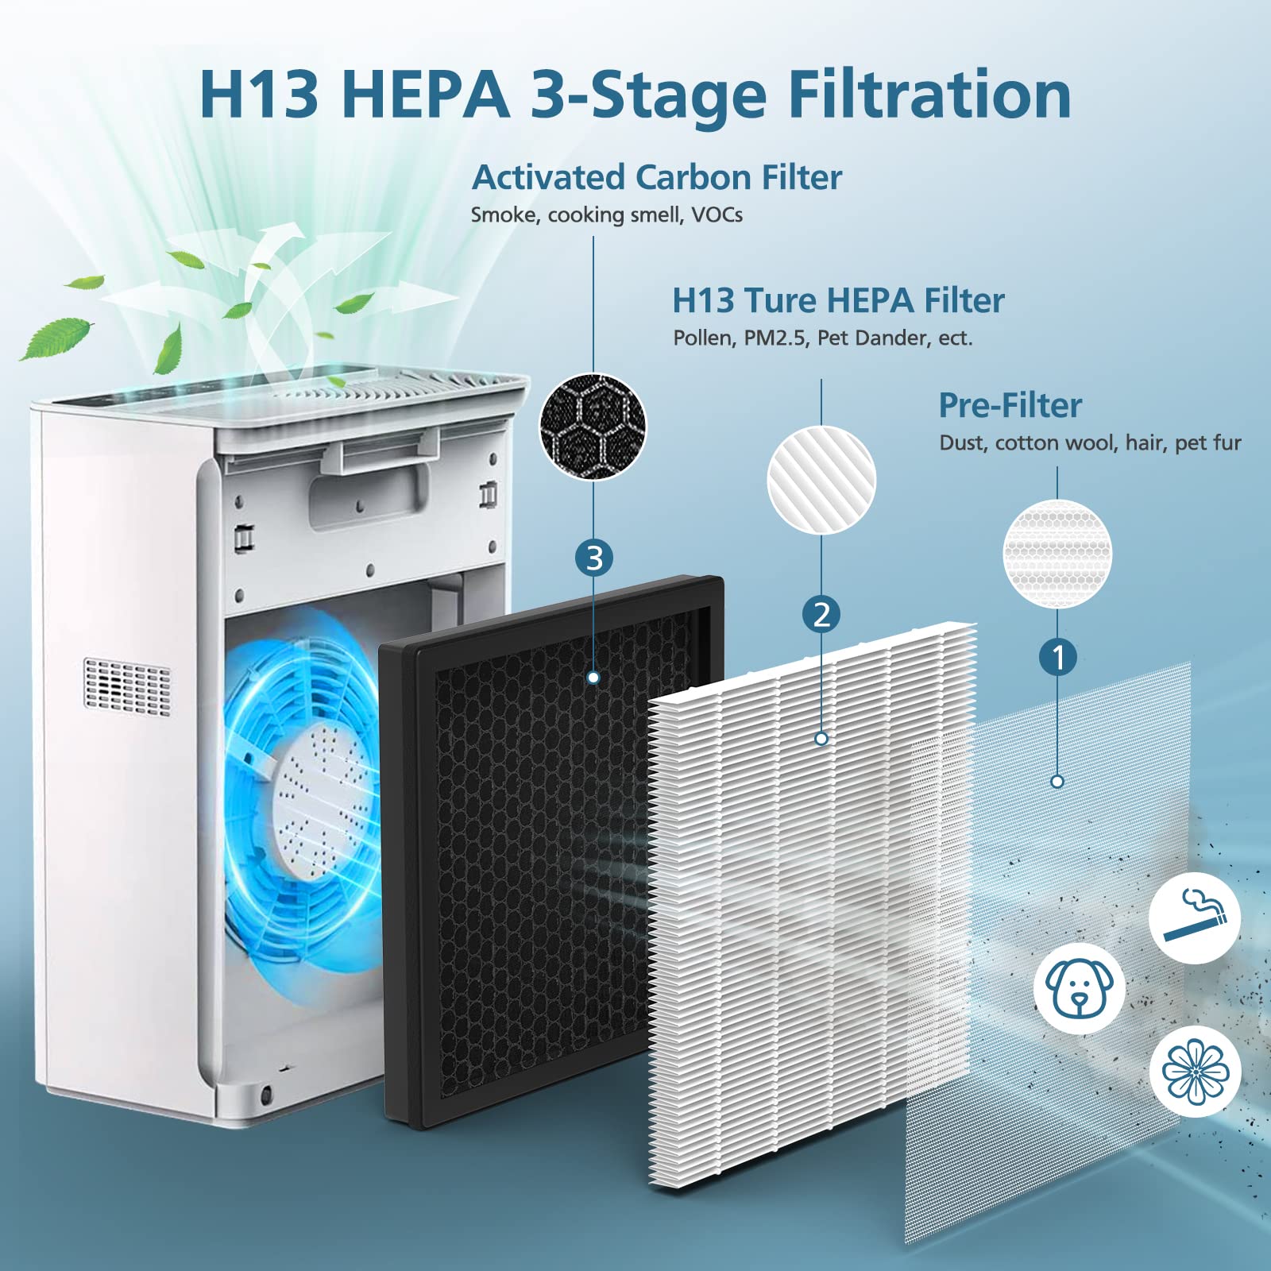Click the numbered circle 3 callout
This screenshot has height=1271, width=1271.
[594, 558]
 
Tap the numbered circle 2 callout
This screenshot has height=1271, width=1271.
[821, 615]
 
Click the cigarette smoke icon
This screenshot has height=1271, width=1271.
[1195, 918]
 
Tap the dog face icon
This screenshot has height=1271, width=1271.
[1079, 988]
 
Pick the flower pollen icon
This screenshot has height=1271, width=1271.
[1195, 1071]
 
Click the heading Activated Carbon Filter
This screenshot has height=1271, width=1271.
[656, 177]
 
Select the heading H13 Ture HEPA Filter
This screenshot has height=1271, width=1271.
[838, 300]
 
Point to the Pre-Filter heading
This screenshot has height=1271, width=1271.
[1010, 405]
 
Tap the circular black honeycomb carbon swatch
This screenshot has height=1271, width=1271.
[593, 427]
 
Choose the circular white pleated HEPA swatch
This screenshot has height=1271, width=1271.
[821, 479]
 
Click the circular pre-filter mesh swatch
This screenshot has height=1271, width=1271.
[1057, 554]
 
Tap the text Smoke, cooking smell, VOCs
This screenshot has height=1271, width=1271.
[606, 215]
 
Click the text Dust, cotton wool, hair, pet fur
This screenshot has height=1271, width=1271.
[1090, 443]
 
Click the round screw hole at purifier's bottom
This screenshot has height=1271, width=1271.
[265, 1095]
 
